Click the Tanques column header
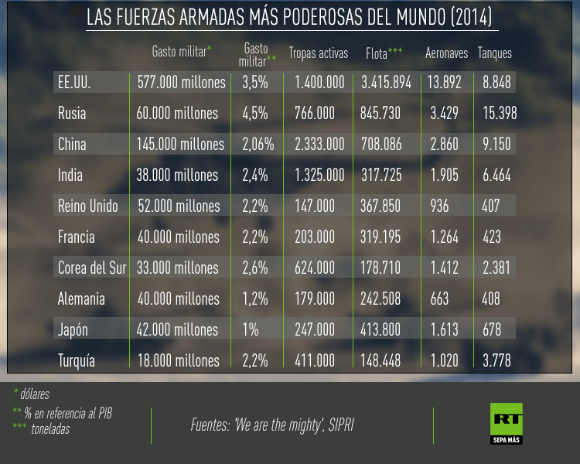pyautogui.click(x=495, y=53)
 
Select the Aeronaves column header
pyautogui.click(x=447, y=53)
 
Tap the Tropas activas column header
pyautogui.click(x=319, y=53)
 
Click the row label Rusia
pyautogui.click(x=72, y=114)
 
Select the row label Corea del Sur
pyautogui.click(x=92, y=268)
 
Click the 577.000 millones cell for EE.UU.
pyautogui.click(x=182, y=83)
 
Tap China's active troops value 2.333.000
pyautogui.click(x=319, y=145)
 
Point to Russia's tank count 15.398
pyautogui.click(x=500, y=114)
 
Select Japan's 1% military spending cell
pyautogui.click(x=251, y=330)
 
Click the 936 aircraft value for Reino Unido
pyautogui.click(x=438, y=206)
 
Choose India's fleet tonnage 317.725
pyautogui.click(x=381, y=176)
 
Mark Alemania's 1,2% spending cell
pyautogui.click(x=254, y=299)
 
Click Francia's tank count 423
pyautogui.click(x=493, y=237)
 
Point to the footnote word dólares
pyautogui.click(x=35, y=394)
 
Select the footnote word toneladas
pyautogui.click(x=50, y=428)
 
